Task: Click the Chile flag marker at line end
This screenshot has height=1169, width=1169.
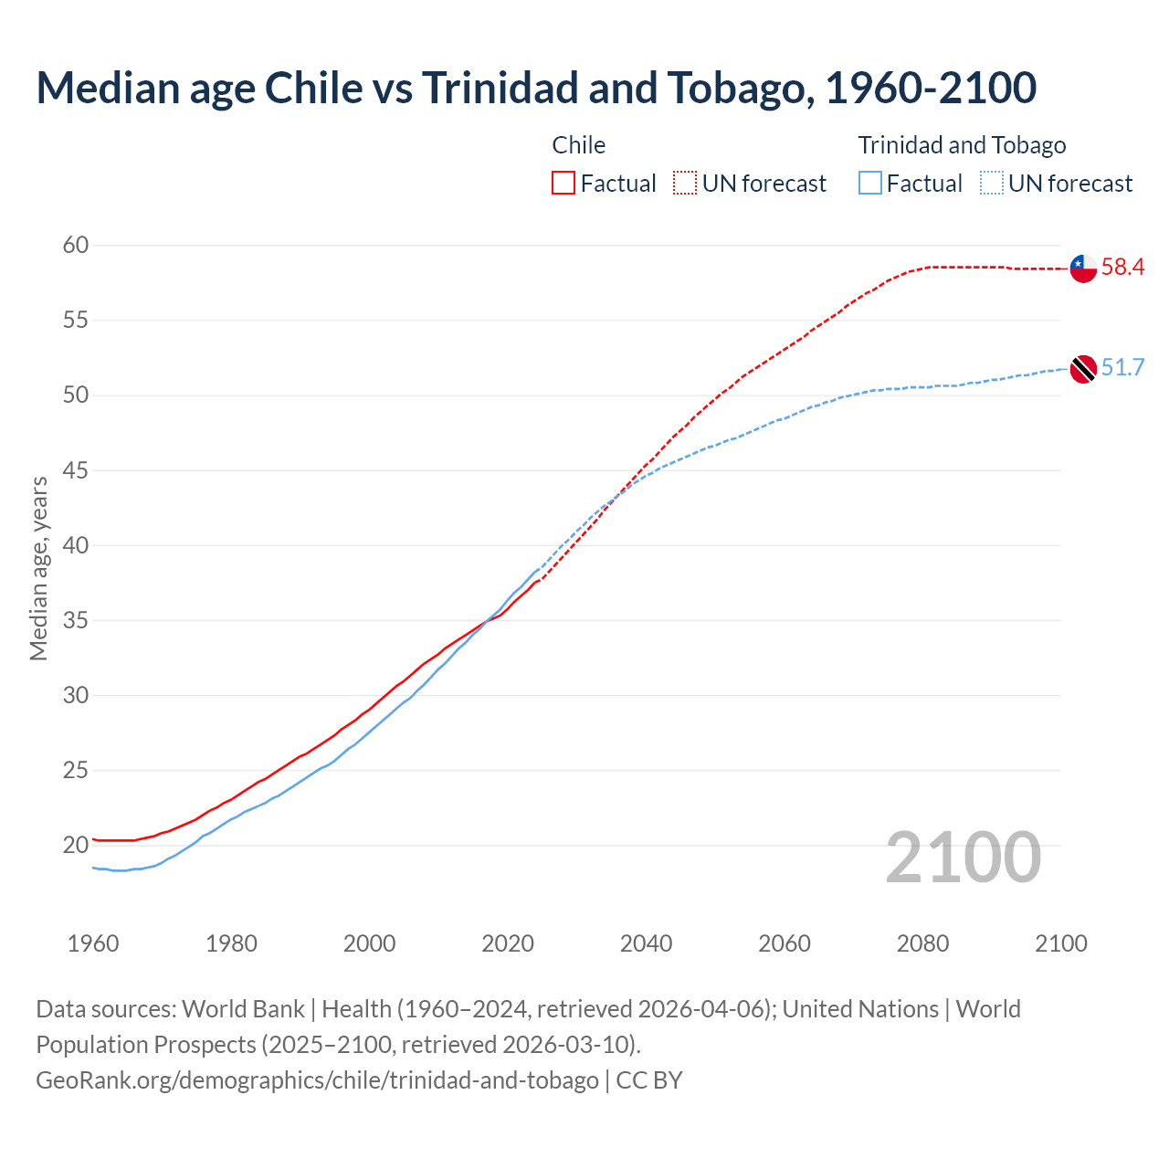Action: coord(1082,269)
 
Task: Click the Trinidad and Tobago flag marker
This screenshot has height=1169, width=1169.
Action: coord(1082,369)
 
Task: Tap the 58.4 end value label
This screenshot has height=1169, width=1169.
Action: coord(1122,268)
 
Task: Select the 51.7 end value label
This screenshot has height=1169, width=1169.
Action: coord(1122,368)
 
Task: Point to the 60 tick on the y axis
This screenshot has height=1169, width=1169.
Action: coord(76,245)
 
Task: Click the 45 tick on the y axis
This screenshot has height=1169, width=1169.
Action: coord(76,470)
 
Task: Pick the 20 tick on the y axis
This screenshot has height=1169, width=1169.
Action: coord(76,845)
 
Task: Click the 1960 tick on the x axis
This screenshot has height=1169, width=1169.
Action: coord(93,943)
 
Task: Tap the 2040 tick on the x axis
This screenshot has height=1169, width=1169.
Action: coord(646,943)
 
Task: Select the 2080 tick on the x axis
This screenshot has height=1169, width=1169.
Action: coord(922,943)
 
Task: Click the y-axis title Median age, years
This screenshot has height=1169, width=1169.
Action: coord(38,568)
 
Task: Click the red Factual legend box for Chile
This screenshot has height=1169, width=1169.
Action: coord(563,184)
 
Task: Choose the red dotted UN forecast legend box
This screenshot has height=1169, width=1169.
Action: coord(685,184)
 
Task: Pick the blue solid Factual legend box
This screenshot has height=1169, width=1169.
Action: coord(870,184)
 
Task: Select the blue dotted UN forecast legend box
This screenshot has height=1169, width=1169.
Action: coord(992,184)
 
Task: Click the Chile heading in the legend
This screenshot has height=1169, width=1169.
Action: coord(578,145)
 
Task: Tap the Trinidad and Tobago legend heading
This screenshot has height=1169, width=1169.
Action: coord(962,145)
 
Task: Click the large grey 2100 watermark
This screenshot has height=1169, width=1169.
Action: coord(963,858)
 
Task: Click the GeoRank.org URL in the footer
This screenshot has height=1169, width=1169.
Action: coord(317,1080)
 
